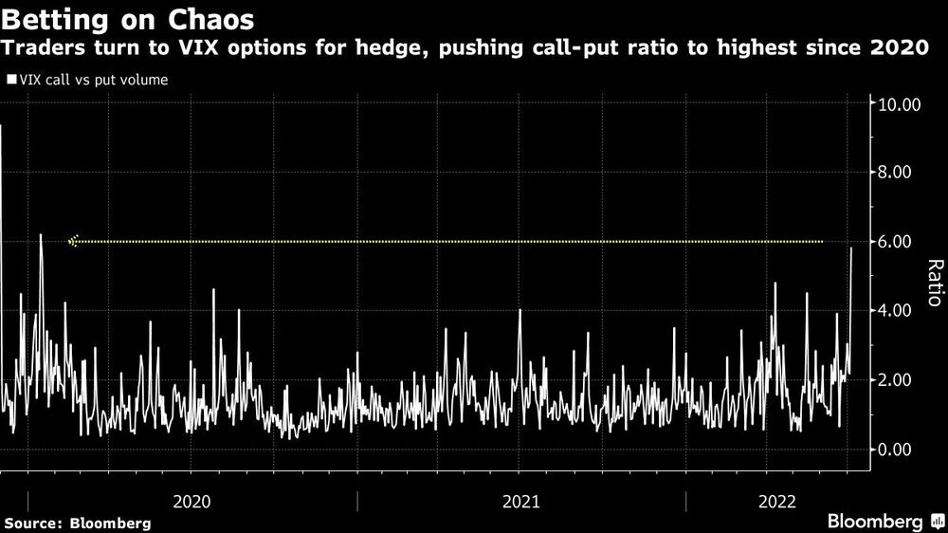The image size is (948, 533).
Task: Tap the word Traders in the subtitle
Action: [x=47, y=49]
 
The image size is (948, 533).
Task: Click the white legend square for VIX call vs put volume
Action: [x=11, y=81]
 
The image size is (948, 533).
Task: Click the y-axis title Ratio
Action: [x=934, y=282]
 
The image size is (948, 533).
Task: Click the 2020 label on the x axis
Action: [x=193, y=499]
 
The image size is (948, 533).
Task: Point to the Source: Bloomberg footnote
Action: [x=78, y=523]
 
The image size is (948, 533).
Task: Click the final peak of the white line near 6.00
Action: [x=851, y=248]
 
